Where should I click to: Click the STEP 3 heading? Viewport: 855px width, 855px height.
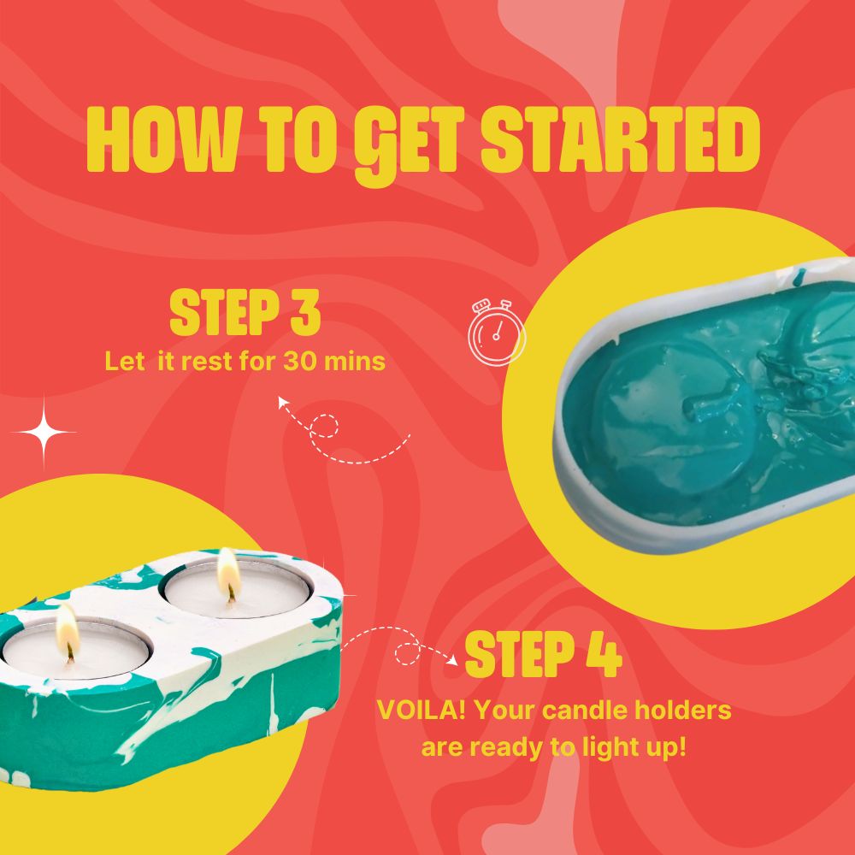(x=245, y=313)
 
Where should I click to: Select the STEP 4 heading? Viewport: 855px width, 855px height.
(x=543, y=654)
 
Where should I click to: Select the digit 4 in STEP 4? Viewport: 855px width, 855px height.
(x=603, y=654)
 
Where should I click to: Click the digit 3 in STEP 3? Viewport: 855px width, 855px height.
(x=304, y=313)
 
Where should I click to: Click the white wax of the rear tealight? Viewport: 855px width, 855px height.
(x=205, y=595)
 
